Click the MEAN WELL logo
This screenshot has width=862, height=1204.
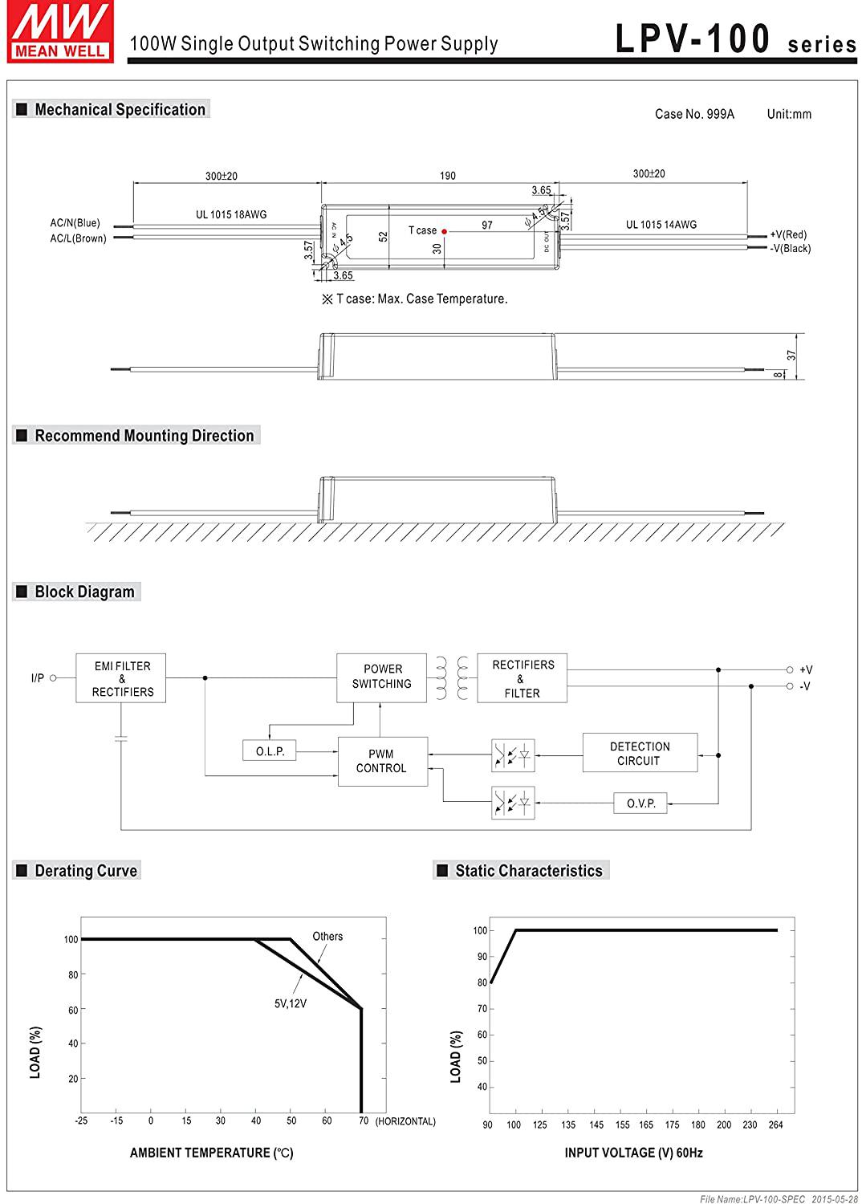coord(60,32)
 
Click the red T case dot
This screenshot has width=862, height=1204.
coord(445,231)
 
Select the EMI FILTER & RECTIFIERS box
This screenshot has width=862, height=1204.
coord(121,677)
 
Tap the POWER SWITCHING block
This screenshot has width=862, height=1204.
coord(381,677)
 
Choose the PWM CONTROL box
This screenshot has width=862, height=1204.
coord(383,761)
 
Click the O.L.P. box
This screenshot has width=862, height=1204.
coord(270,750)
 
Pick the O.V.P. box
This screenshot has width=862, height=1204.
coord(640,803)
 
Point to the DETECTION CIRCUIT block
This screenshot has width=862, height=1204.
coord(640,753)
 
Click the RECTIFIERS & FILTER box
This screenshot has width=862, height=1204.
coord(522,677)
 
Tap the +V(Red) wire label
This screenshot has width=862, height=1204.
coord(788,234)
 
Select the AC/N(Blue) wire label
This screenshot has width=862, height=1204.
coord(75,222)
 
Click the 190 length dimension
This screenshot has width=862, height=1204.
coord(448,176)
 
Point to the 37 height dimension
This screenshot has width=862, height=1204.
coord(791,356)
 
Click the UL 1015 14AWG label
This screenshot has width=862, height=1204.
coord(661,225)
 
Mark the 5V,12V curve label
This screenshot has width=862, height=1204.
coord(291,1003)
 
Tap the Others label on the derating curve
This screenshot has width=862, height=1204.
coord(327,936)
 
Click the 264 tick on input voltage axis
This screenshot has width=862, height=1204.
coord(775,1125)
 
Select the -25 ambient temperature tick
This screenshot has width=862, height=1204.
coord(81,1121)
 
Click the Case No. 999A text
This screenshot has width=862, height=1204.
coord(694,114)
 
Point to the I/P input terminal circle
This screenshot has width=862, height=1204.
coord(53,677)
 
